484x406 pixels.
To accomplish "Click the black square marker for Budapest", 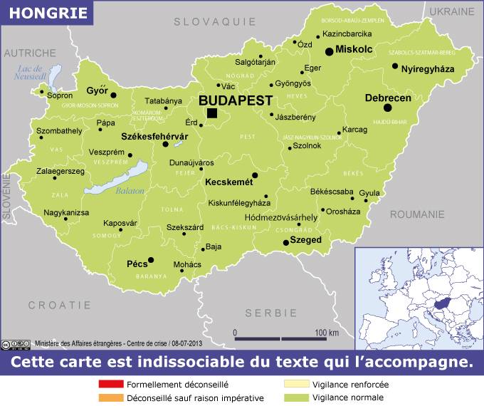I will (x=212, y=113).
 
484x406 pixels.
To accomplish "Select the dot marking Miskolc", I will (x=329, y=51).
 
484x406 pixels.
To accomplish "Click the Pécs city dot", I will (x=150, y=261).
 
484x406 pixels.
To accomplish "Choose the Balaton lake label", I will (x=130, y=191).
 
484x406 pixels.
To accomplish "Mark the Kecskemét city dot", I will (x=255, y=175).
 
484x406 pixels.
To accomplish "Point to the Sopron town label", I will (x=60, y=95).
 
